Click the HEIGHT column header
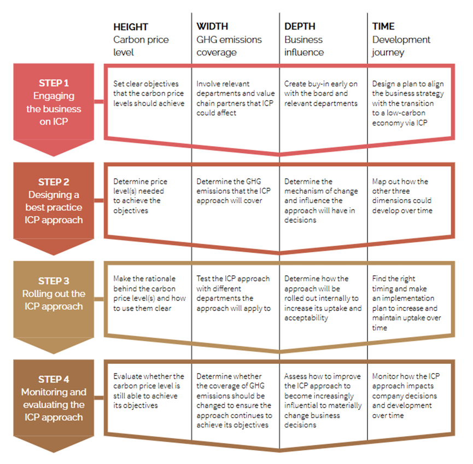[x=131, y=27]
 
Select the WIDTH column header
[x=212, y=26]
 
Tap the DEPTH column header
[x=300, y=26]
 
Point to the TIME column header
[x=383, y=26]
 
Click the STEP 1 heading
[x=54, y=83]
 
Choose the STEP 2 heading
[x=54, y=182]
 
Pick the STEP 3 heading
[x=54, y=281]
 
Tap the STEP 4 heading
[x=54, y=380]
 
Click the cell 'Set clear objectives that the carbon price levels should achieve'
[x=149, y=94]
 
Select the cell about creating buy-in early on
[x=320, y=94]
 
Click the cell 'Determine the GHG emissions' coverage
[x=233, y=191]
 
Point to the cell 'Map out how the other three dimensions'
[x=402, y=196]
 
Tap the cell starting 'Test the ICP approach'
[x=233, y=293]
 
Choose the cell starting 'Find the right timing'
[x=406, y=303]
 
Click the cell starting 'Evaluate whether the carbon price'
[x=148, y=391]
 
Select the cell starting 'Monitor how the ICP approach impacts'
[x=406, y=396]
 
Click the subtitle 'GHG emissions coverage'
[x=229, y=46]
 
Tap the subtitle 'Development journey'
[x=401, y=46]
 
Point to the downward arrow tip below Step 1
[x=54, y=156]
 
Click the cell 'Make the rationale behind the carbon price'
[x=149, y=293]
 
